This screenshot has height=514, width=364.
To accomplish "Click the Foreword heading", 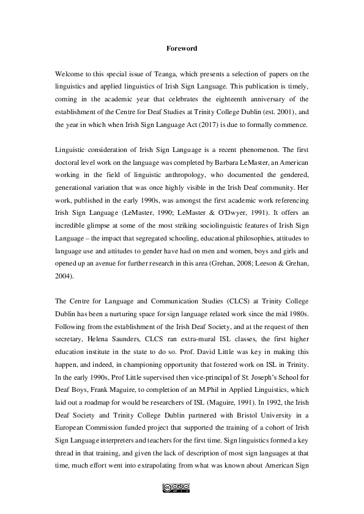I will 182,48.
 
